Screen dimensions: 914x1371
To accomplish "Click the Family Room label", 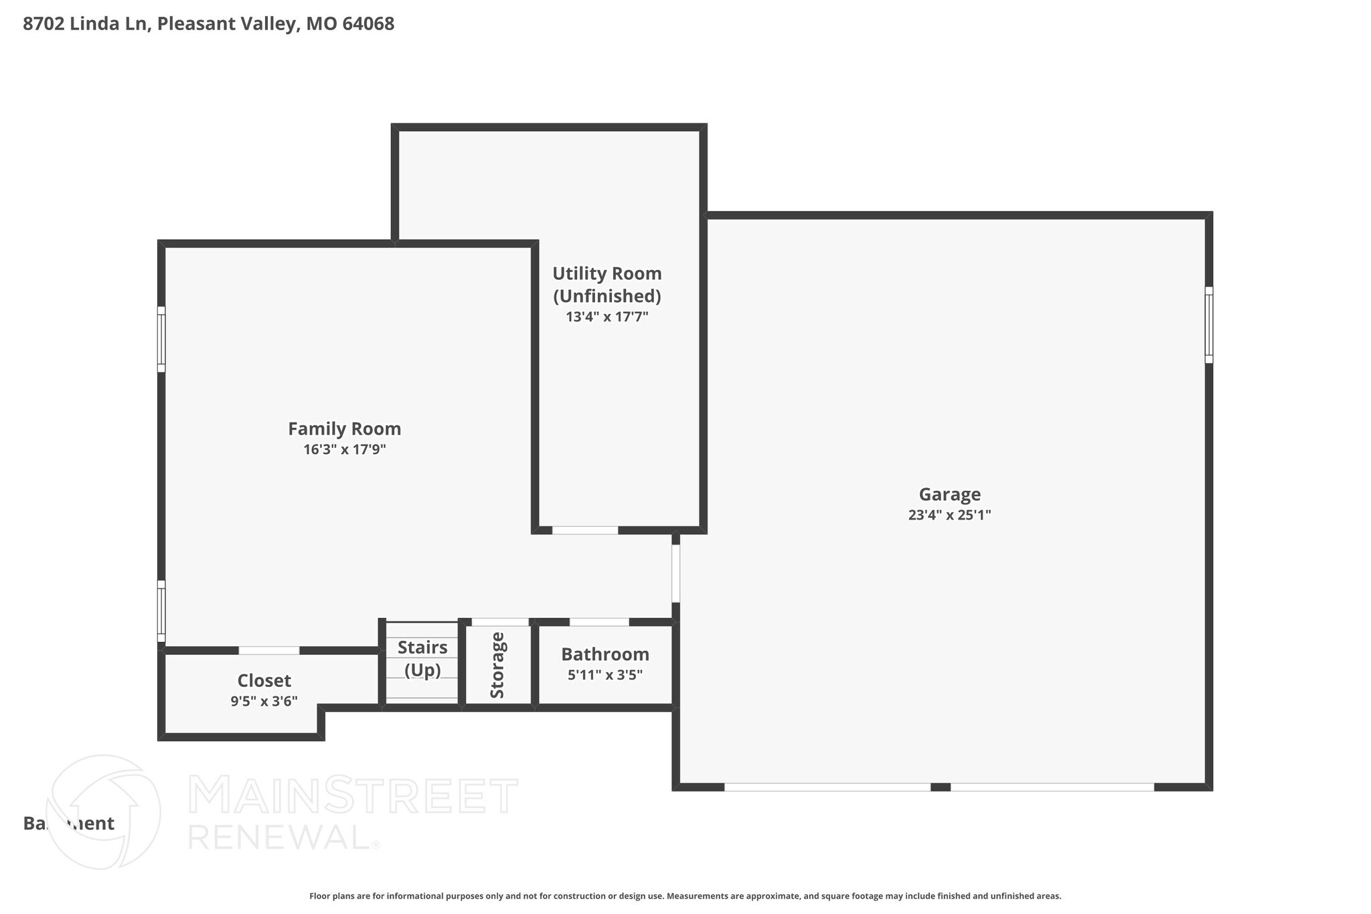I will (x=344, y=429).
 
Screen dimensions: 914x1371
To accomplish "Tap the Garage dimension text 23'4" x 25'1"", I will (x=949, y=515).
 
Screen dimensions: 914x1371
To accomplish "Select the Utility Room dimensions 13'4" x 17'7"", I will (x=607, y=317).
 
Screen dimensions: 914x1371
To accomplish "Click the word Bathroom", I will (x=605, y=654).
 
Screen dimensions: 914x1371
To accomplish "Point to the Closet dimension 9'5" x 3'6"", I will (x=264, y=701).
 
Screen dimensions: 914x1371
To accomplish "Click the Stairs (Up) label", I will (x=422, y=658).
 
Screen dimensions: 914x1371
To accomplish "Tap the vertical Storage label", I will (x=497, y=665).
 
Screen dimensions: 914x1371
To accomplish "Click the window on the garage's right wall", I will (x=1208, y=325).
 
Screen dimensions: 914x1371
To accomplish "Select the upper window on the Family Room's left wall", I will (x=161, y=339).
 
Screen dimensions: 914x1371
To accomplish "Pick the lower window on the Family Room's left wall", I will (x=161, y=611).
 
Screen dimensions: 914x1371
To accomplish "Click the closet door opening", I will (x=269, y=650).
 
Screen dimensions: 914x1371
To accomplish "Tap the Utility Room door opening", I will (x=585, y=530).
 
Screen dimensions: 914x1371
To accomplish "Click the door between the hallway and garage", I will (x=676, y=573).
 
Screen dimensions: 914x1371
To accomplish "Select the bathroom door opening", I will (x=599, y=622).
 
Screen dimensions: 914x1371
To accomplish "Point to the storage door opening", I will (x=500, y=622).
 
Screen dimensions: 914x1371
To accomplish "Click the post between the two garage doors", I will (x=941, y=787).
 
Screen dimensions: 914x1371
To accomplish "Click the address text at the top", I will (x=208, y=24).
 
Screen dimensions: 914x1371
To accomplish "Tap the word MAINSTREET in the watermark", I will (x=353, y=795).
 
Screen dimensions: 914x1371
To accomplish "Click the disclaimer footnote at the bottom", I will (x=685, y=896).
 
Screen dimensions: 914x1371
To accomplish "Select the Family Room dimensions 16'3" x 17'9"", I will (x=344, y=449).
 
